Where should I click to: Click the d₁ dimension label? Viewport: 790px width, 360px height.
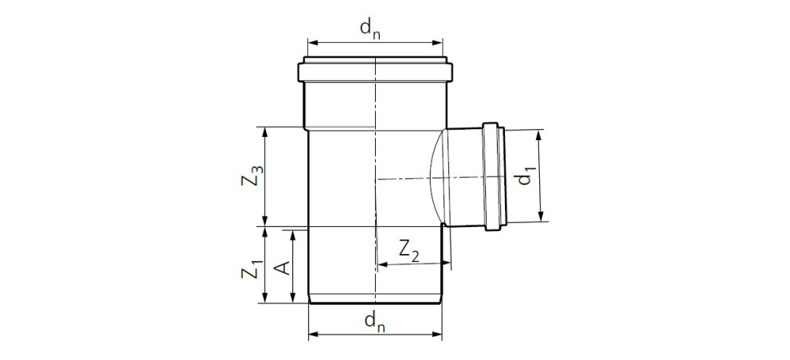526,177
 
